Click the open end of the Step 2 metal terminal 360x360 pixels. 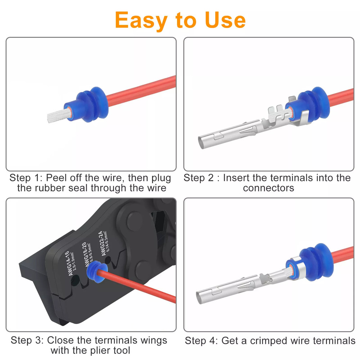pos(203,142)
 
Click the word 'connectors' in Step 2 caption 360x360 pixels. pos(269,188)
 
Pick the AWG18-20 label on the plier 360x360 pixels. pos(89,254)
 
